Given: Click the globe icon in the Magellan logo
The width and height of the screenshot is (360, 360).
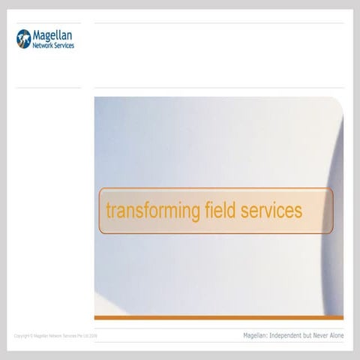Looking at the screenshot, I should click(x=23, y=37).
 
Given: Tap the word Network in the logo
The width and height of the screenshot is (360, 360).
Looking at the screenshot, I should click(x=43, y=44).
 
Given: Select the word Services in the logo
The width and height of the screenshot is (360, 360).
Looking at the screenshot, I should click(x=64, y=44).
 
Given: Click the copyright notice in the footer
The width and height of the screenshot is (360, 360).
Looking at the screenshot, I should click(x=55, y=336).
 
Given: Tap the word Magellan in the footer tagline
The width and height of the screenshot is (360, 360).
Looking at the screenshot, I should click(x=256, y=335).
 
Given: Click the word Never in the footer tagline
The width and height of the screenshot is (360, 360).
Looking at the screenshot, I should click(x=322, y=335).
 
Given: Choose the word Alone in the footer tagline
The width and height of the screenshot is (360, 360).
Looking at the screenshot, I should click(x=337, y=335).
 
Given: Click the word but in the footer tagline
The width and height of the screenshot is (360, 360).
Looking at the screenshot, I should click(x=308, y=335).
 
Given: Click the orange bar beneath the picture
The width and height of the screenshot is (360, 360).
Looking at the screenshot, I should click(x=218, y=317).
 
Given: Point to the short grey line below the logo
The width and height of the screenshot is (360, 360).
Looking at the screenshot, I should click(x=48, y=88).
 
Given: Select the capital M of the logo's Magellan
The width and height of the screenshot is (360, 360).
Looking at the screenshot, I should click(x=38, y=34).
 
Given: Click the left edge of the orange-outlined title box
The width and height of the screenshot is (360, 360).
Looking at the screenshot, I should click(x=100, y=211).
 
